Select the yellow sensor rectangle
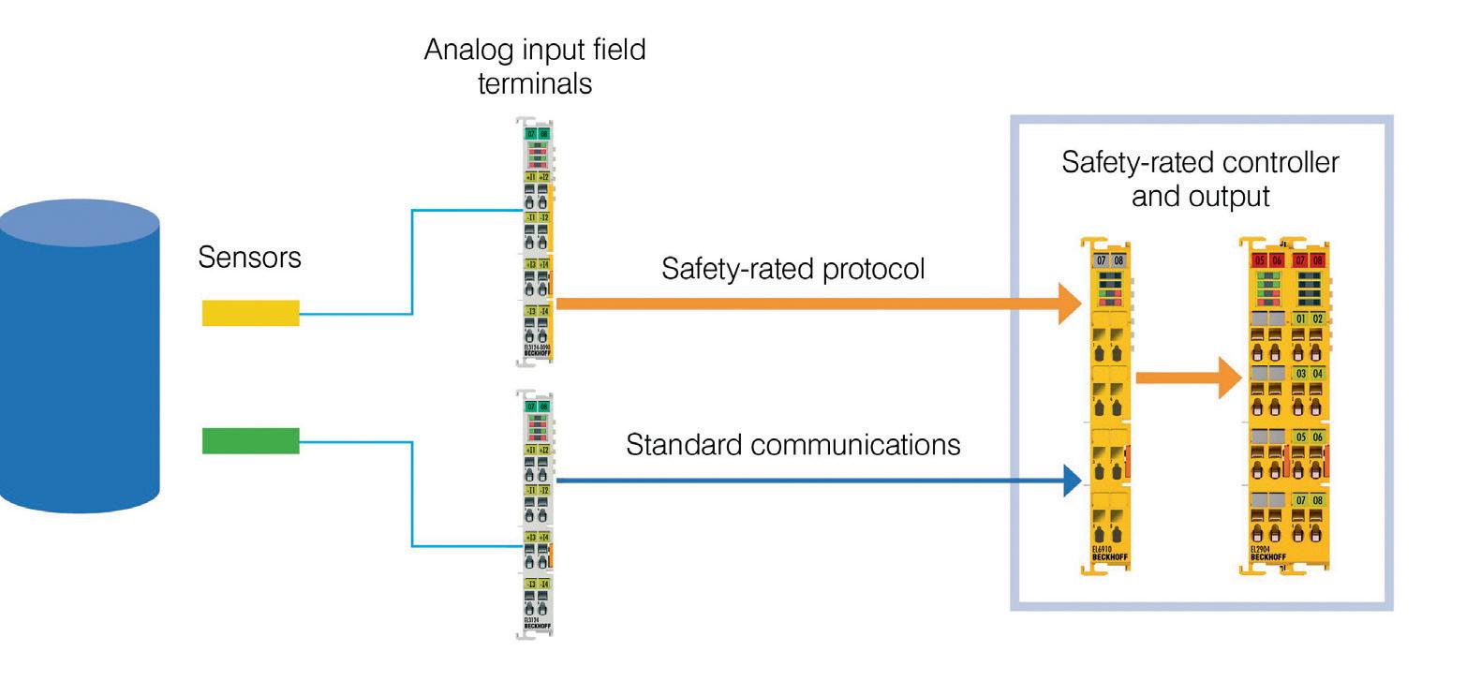point(250,313)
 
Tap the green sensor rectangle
point(250,440)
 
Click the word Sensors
point(249,258)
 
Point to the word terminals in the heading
point(534,83)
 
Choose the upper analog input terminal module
point(537,242)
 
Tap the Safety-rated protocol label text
point(792,269)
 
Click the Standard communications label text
point(792,444)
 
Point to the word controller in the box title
point(1281,162)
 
